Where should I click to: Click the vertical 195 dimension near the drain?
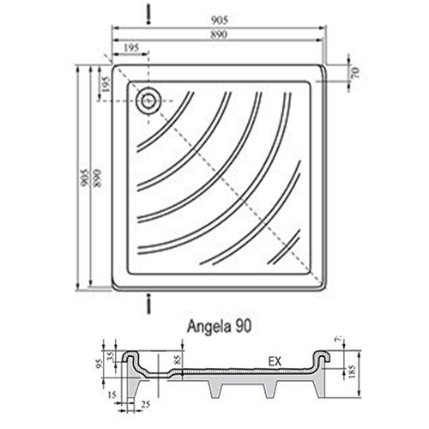click(x=105, y=84)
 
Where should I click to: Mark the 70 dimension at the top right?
click(x=354, y=72)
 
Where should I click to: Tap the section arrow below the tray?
click(x=149, y=303)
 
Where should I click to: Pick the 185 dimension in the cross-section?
click(x=352, y=371)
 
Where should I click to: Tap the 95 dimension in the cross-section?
click(x=100, y=360)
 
